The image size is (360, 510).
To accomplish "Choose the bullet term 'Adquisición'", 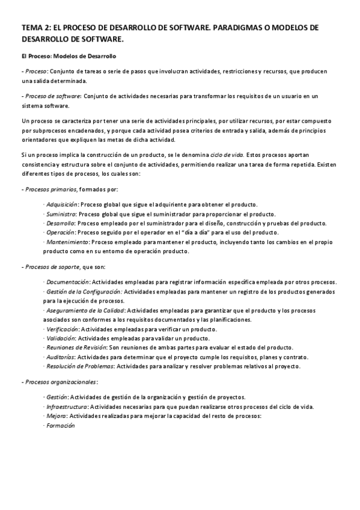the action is pos(61,204).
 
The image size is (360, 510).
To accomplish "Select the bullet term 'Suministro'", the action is pos(61,214).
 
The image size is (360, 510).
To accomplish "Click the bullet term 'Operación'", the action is pos(60,233).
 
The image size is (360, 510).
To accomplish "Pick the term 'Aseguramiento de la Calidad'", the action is pos(84,310).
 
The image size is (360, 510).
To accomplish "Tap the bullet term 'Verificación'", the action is pos(63,330).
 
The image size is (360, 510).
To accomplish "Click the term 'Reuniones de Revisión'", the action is pos(76,348).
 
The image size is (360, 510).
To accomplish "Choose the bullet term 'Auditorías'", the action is pos(61,357).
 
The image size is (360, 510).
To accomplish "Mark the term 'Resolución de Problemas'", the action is pos(79,366).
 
